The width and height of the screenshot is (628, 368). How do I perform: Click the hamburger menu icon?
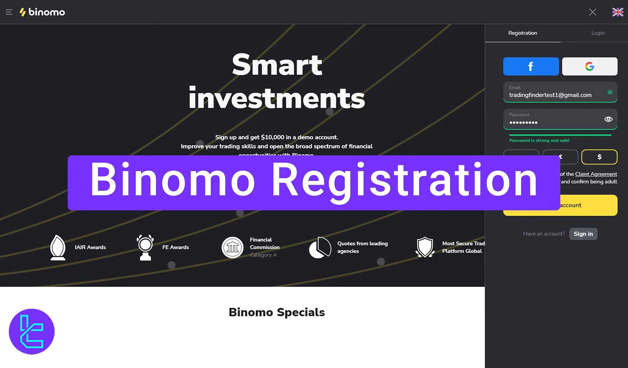(x=9, y=12)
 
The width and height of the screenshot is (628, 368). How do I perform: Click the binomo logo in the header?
(x=43, y=12)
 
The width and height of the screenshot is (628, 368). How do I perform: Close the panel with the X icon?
(x=592, y=12)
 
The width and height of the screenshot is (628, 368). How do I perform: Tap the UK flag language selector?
(x=618, y=12)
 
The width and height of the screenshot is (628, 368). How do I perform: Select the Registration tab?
(x=522, y=33)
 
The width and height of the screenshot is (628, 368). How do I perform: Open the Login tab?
(x=598, y=33)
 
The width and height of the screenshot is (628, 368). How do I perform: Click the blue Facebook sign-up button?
(x=531, y=66)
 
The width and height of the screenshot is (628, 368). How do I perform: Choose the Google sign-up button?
(x=589, y=66)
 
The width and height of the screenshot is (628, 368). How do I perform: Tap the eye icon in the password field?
(x=608, y=119)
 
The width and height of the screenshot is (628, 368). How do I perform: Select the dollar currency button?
(x=599, y=157)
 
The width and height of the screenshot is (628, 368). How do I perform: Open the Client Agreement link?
(x=596, y=174)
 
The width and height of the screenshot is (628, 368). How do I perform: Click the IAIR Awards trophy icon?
(x=58, y=247)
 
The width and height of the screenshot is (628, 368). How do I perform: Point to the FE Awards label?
(x=176, y=247)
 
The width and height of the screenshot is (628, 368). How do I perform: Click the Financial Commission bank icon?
(x=232, y=248)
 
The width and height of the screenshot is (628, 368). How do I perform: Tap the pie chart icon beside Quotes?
(x=320, y=248)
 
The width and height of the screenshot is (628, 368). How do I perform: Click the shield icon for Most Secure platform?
(x=425, y=247)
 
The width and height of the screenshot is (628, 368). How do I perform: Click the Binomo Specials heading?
(x=277, y=312)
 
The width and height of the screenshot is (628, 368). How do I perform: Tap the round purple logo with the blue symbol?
(x=32, y=331)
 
